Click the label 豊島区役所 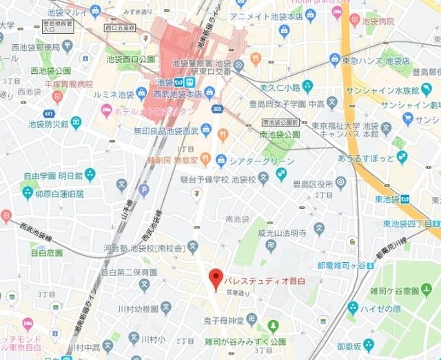click(x=312, y=183)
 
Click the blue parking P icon click(x=144, y=189)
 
